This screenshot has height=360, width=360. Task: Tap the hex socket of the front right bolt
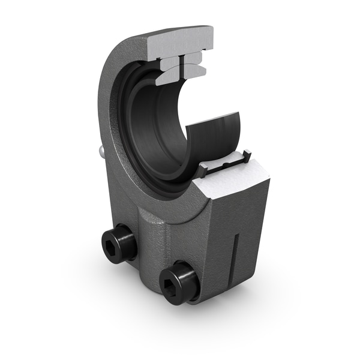pos(174,278)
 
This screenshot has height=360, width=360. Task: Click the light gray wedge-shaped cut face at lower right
pos(238,179)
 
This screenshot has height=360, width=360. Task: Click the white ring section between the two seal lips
pos(224,166)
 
